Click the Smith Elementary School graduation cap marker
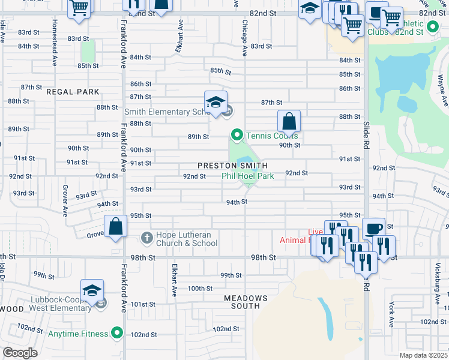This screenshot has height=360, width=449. pos(215,102)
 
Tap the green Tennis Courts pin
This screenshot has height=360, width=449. pos(237,135)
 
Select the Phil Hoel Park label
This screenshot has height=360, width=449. pos(247,176)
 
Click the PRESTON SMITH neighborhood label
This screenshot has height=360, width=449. pos(232,165)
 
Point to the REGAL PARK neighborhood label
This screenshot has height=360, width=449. pos(72,92)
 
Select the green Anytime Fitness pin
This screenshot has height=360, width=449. pos(117,334)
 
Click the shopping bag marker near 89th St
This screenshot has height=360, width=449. pos(289,121)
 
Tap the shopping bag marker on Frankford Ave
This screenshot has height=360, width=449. pos(116,227)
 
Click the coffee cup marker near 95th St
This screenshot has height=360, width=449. pos(373,229)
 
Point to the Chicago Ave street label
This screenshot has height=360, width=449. pos(245,39)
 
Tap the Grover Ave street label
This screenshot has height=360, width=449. pos(65,200)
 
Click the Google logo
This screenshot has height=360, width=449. pos(20,353)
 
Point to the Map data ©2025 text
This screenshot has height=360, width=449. pos(423,355)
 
